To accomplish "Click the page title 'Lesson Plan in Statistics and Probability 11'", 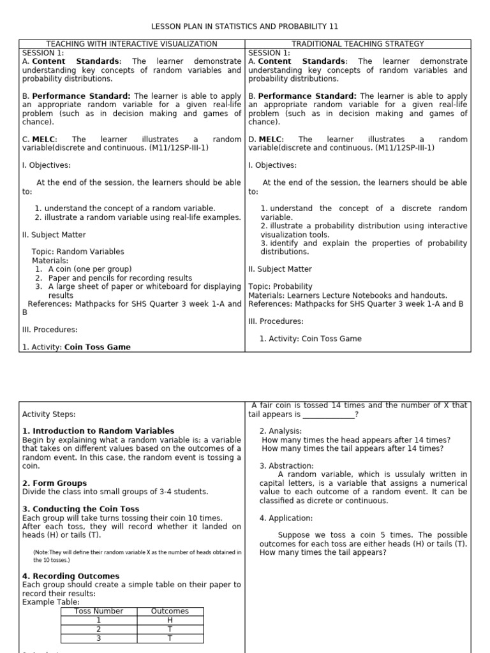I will point(244,26).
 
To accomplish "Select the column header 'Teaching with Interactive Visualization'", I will point(132,44).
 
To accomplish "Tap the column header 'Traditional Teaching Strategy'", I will point(358,44).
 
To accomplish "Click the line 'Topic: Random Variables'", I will point(78,252).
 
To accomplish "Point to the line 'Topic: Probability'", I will point(280,287).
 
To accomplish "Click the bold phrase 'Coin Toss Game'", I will point(97,348).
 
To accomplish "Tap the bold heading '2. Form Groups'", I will point(54,483).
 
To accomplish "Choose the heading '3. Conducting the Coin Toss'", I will point(80,510).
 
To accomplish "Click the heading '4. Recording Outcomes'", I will point(70,576).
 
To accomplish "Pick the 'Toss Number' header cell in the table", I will point(98,611).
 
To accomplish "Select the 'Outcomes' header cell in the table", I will point(170,611).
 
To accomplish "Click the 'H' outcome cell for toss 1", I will point(170,620).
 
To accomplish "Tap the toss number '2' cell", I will point(98,629).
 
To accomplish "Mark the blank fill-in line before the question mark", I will point(328,415).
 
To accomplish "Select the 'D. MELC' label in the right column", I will point(264,139).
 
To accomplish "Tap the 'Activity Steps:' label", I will point(48,414).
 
